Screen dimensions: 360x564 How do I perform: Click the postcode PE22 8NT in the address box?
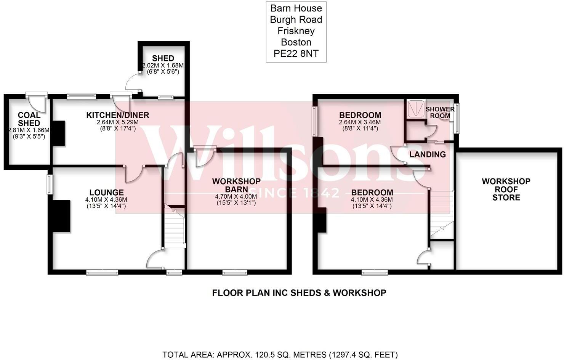[296, 54]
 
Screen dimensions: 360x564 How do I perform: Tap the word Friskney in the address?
[296, 31]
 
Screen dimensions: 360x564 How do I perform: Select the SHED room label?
[163, 58]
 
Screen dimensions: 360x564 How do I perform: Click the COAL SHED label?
[29, 119]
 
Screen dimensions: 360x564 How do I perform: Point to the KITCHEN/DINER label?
[117, 115]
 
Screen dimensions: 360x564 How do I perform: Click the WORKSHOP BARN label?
[236, 185]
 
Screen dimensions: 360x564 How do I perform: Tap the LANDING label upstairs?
[427, 154]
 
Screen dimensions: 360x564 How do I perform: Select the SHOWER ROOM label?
[440, 112]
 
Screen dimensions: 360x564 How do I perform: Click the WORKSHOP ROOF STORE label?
[506, 189]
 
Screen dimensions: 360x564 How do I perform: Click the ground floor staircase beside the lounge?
[175, 227]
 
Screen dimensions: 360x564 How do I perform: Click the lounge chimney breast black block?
[61, 216]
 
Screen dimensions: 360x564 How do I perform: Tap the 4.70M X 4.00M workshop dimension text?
[236, 196]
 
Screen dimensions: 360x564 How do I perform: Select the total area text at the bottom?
[280, 355]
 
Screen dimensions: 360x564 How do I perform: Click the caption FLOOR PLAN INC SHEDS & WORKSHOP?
[299, 293]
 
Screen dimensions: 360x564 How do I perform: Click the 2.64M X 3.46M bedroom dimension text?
[360, 122]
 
